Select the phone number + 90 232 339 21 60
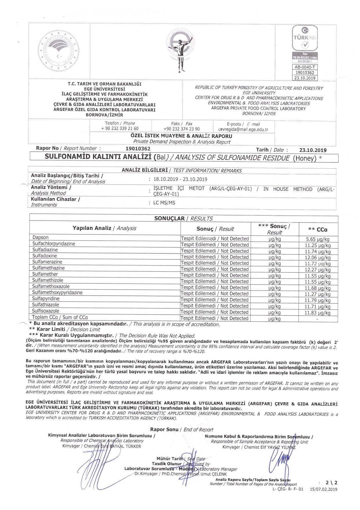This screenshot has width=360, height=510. click(120, 128)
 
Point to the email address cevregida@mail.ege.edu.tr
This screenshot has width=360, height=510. click(243, 129)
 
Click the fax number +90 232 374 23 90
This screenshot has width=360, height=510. click(181, 129)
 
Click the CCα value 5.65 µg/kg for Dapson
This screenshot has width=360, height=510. click(318, 239)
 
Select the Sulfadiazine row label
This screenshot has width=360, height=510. click(45, 250)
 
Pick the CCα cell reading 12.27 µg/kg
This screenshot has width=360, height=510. click(318, 270)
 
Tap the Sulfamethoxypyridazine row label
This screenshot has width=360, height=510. click(57, 293)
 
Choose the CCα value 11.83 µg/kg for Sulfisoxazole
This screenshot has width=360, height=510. click(318, 313)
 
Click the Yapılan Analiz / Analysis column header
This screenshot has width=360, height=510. click(104, 228)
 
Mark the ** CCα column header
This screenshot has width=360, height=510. click(318, 230)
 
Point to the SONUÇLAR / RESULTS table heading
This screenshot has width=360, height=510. click(183, 219)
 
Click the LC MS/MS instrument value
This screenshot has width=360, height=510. click(164, 203)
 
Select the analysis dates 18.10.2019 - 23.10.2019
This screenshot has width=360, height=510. click(180, 179)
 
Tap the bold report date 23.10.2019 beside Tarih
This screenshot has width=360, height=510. click(313, 150)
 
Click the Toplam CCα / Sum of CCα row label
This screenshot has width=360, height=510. click(60, 317)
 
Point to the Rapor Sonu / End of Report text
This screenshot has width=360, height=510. click(181, 430)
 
